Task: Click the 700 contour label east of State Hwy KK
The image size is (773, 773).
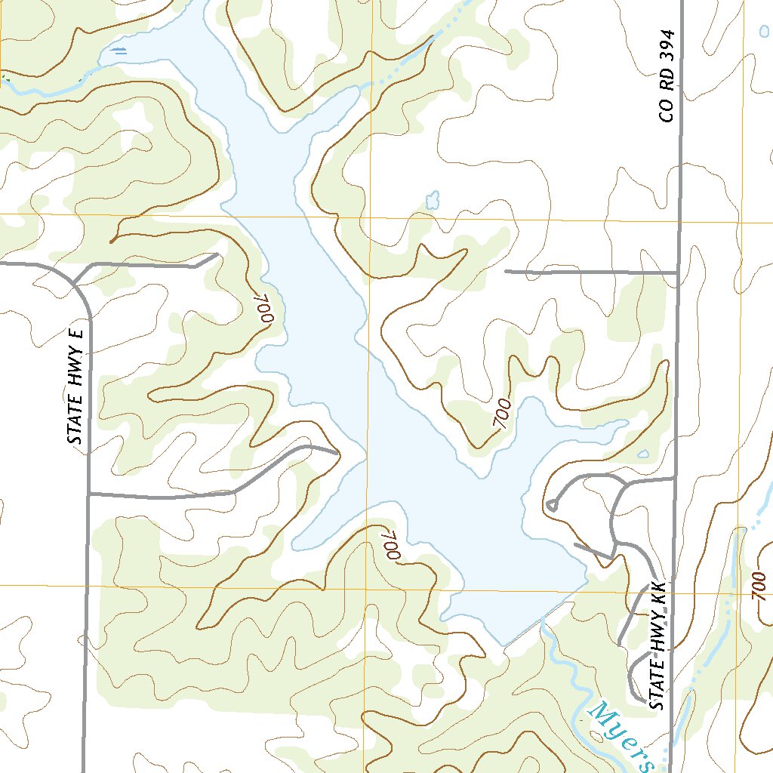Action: point(759,586)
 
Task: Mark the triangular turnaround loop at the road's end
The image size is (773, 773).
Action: point(552,504)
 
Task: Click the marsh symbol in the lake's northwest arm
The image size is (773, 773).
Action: point(118,51)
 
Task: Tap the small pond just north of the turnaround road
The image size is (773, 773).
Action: point(642,454)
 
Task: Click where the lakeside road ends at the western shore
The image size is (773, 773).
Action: point(336,453)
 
